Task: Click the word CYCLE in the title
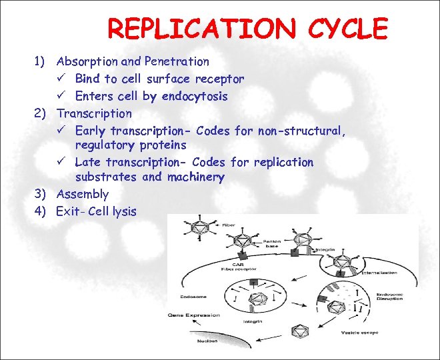click(347, 29)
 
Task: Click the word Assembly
click(82, 194)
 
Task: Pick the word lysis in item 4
click(124, 211)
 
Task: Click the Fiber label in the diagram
click(229, 225)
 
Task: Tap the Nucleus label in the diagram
click(207, 341)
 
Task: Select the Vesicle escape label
click(359, 332)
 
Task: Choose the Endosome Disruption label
click(389, 296)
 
